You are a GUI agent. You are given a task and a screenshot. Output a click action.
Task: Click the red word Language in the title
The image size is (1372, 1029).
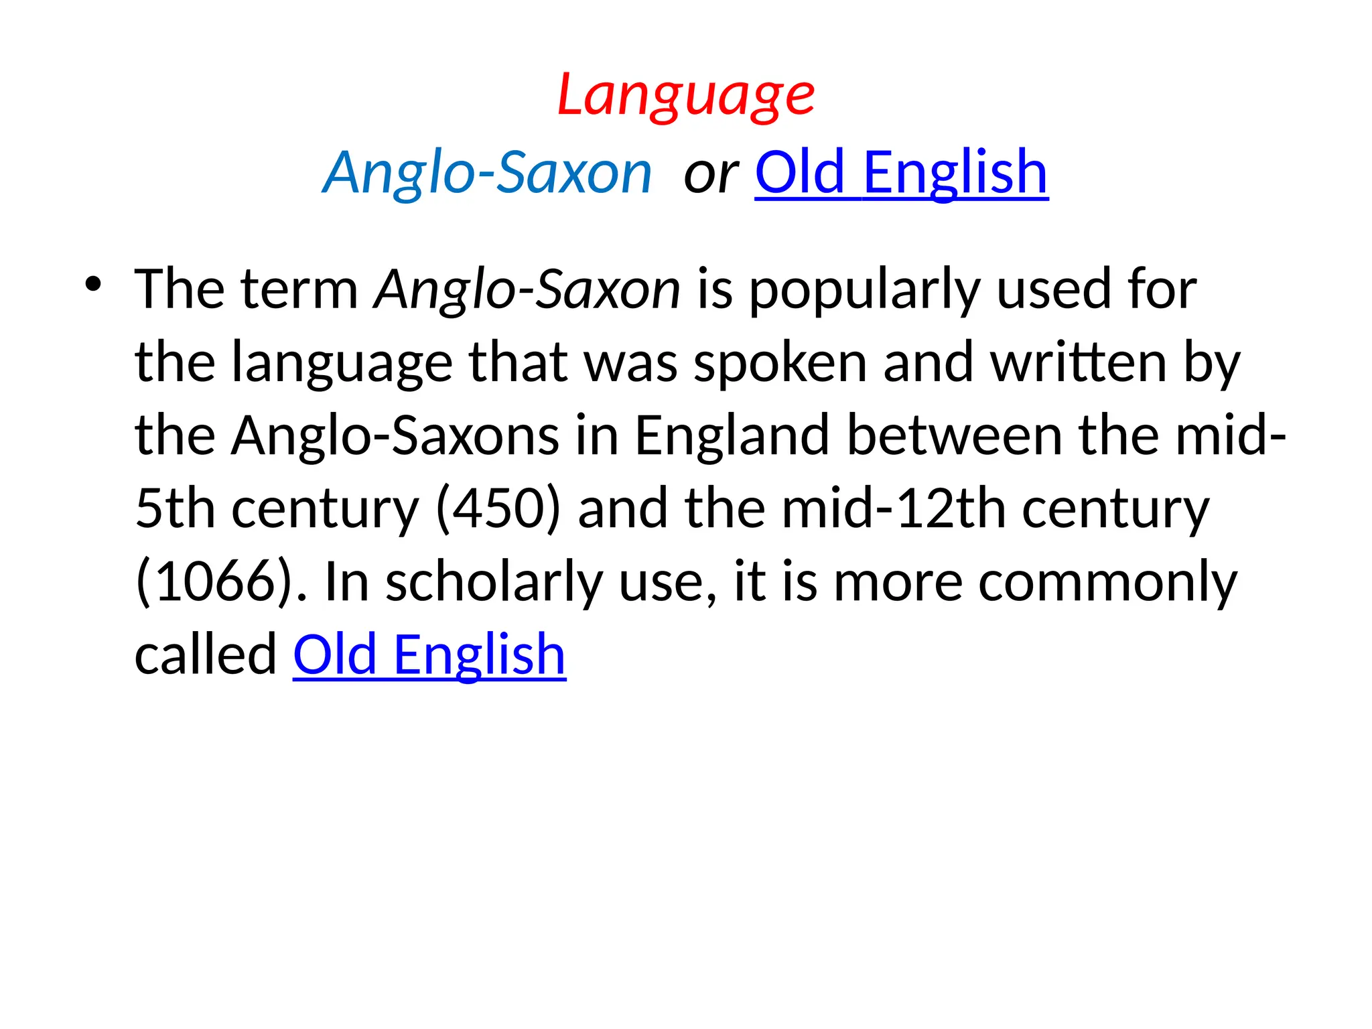point(686,95)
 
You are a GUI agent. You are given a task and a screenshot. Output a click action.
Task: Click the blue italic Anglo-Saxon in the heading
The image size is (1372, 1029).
point(488,172)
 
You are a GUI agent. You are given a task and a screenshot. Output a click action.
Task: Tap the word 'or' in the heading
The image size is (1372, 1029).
point(710,174)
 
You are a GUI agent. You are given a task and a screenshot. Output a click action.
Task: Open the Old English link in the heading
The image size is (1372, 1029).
point(901,172)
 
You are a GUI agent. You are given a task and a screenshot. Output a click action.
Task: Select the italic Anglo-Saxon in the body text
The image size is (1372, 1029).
point(528,289)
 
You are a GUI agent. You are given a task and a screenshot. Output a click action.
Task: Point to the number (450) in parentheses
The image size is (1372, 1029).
point(498,508)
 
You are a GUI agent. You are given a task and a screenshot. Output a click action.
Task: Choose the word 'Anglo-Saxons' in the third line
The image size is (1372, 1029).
point(395,435)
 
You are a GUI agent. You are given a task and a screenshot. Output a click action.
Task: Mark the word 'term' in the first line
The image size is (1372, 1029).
point(299,289)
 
